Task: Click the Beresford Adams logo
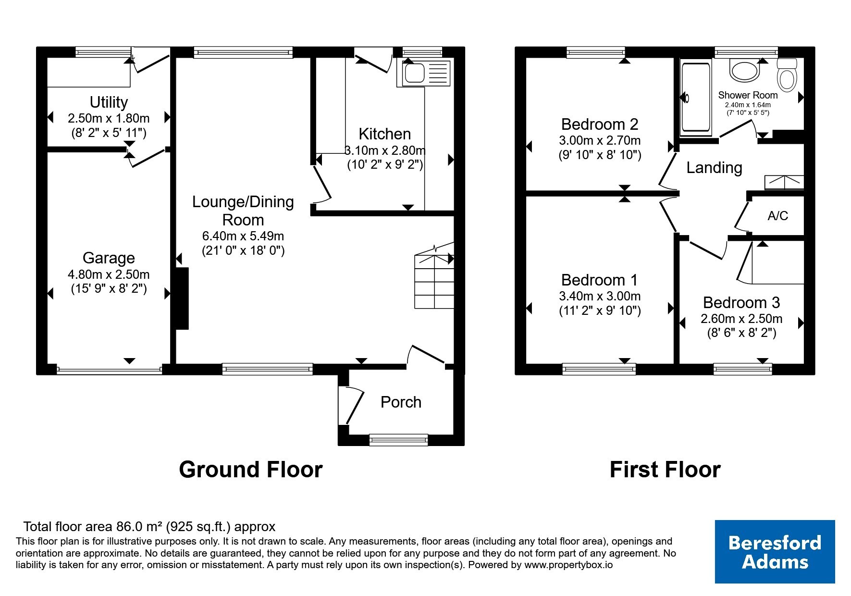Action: coord(775,551)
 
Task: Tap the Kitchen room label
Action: coord(384,134)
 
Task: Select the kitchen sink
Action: coord(423,73)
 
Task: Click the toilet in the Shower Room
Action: coord(787,74)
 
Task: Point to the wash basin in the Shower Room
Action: coord(744,70)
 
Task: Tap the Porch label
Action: coord(401,402)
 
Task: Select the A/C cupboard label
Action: coord(777,216)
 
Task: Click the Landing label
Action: coord(714,168)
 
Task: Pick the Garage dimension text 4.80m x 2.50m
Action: coord(109,274)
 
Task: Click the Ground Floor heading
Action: coord(250,469)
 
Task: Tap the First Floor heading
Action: coord(665,469)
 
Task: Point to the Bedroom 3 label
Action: coord(741,302)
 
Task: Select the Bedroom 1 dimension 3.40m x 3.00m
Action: coord(600,296)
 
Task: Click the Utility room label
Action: coord(109,102)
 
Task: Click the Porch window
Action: coord(398,439)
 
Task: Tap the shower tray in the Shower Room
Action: coord(695,98)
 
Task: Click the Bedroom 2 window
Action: coord(596,52)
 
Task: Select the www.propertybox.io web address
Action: coord(568,565)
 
